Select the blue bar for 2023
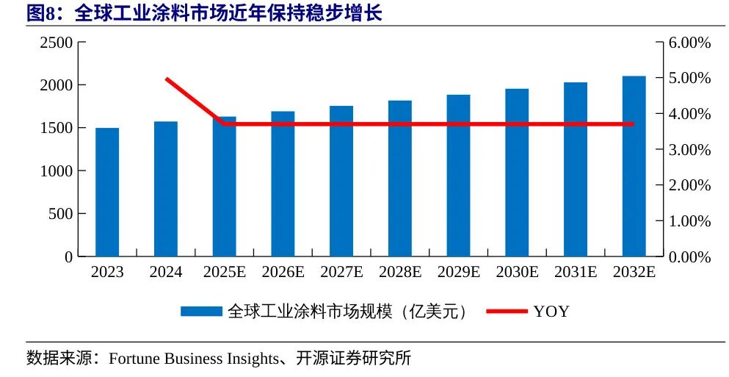pyautogui.click(x=107, y=193)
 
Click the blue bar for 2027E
pyautogui.click(x=341, y=181)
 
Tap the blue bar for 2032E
pyautogui.click(x=634, y=166)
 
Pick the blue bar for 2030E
pyautogui.click(x=517, y=173)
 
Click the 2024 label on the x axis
pyautogui.click(x=166, y=272)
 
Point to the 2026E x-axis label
pyautogui.click(x=283, y=272)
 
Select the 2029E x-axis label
pyautogui.click(x=459, y=272)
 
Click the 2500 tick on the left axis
pyautogui.click(x=57, y=43)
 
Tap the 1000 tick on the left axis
pyautogui.click(x=57, y=171)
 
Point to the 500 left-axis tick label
pyautogui.click(x=60, y=214)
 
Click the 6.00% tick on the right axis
pyautogui.click(x=690, y=43)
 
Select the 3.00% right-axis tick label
pyautogui.click(x=690, y=150)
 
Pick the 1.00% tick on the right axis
pyautogui.click(x=690, y=221)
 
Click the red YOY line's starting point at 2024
pyautogui.click(x=167, y=79)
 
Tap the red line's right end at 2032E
pyautogui.click(x=634, y=123)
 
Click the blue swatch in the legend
pyautogui.click(x=201, y=312)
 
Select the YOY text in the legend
pyautogui.click(x=551, y=312)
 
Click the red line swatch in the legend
pyautogui.click(x=507, y=312)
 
